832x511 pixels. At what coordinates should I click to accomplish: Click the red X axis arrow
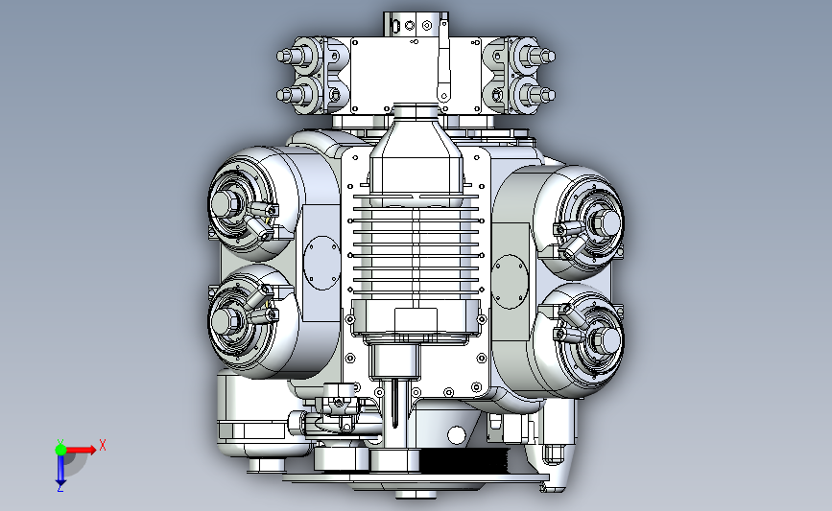pos(80,450)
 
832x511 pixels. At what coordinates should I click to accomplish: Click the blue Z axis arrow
pos(60,470)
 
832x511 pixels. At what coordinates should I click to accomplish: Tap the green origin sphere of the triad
pos(60,450)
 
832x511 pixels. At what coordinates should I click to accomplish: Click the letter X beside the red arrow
pos(103,445)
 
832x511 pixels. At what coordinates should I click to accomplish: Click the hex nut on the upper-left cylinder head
pos(225,202)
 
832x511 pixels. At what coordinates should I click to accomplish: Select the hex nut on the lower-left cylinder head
pos(225,319)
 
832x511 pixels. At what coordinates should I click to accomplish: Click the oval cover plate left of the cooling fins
pos(322,263)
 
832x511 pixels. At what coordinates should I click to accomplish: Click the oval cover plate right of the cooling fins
pos(511,282)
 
